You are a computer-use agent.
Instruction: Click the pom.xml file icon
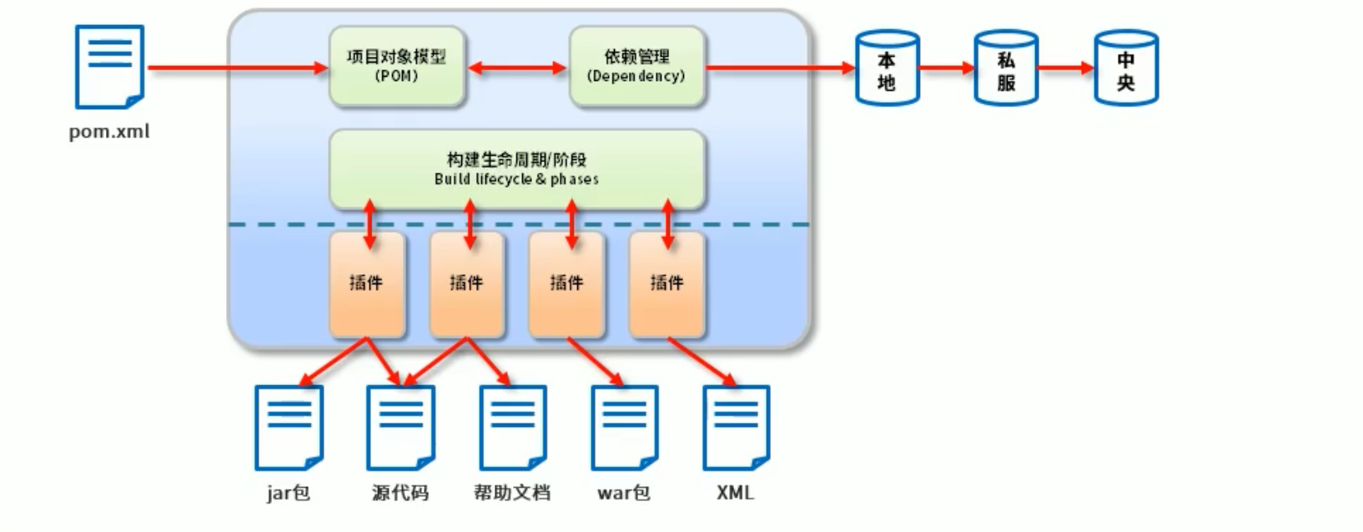pos(109,67)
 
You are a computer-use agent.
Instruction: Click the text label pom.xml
pos(109,132)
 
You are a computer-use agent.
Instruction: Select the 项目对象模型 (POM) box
pos(396,67)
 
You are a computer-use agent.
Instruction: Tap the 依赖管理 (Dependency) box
pos(636,67)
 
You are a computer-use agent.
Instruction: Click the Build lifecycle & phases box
pos(516,168)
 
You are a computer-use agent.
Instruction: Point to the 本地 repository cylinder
pos(887,68)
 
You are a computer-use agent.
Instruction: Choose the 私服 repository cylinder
pos(1006,68)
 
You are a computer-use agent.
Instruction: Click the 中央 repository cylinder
pos(1125,68)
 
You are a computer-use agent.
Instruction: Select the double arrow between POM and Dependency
pos(516,68)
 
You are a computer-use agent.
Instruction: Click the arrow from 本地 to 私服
pos(947,68)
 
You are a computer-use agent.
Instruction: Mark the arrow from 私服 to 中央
pos(1066,68)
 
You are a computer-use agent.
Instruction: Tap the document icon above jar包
pos(289,428)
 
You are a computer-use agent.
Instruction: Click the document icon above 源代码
pos(400,428)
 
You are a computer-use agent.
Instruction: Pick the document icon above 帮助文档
pos(512,428)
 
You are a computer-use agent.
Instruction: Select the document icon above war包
pos(624,428)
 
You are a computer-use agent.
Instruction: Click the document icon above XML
pos(736,428)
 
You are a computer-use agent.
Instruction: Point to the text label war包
pos(624,493)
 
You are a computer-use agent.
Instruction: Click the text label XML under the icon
pos(735,493)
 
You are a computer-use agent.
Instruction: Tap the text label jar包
pos(289,493)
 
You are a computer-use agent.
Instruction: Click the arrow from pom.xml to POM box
pos(238,68)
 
